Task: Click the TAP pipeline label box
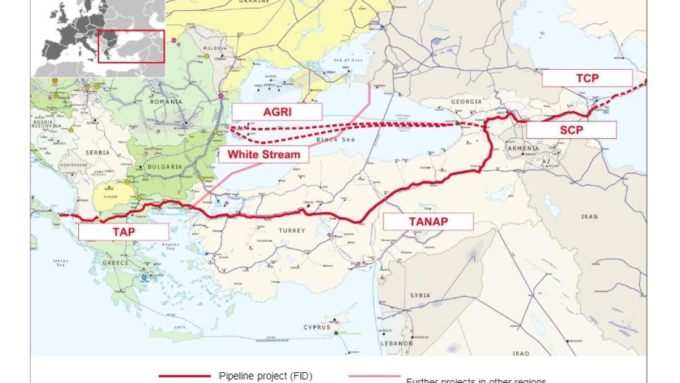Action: point(124,232)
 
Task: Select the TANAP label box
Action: point(428,221)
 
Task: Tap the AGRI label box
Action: point(277,112)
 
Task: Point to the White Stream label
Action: point(263,154)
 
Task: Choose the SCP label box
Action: point(571,130)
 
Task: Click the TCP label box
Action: point(587,78)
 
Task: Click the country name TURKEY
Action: point(292,230)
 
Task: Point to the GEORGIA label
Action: point(466,102)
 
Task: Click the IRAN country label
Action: point(589,217)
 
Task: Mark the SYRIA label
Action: point(420,296)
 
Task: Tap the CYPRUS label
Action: point(317,327)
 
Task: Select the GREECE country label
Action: point(116,263)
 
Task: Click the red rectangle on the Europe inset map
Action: point(131,47)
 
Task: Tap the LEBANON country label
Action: point(397,344)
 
